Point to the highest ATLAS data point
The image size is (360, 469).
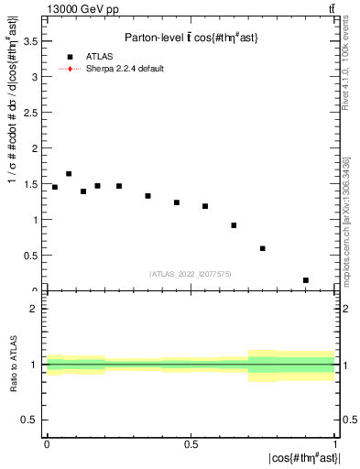[x=69, y=173]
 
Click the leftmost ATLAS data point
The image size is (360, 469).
[x=54, y=187]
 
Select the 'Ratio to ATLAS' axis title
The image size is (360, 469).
[x=12, y=365]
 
